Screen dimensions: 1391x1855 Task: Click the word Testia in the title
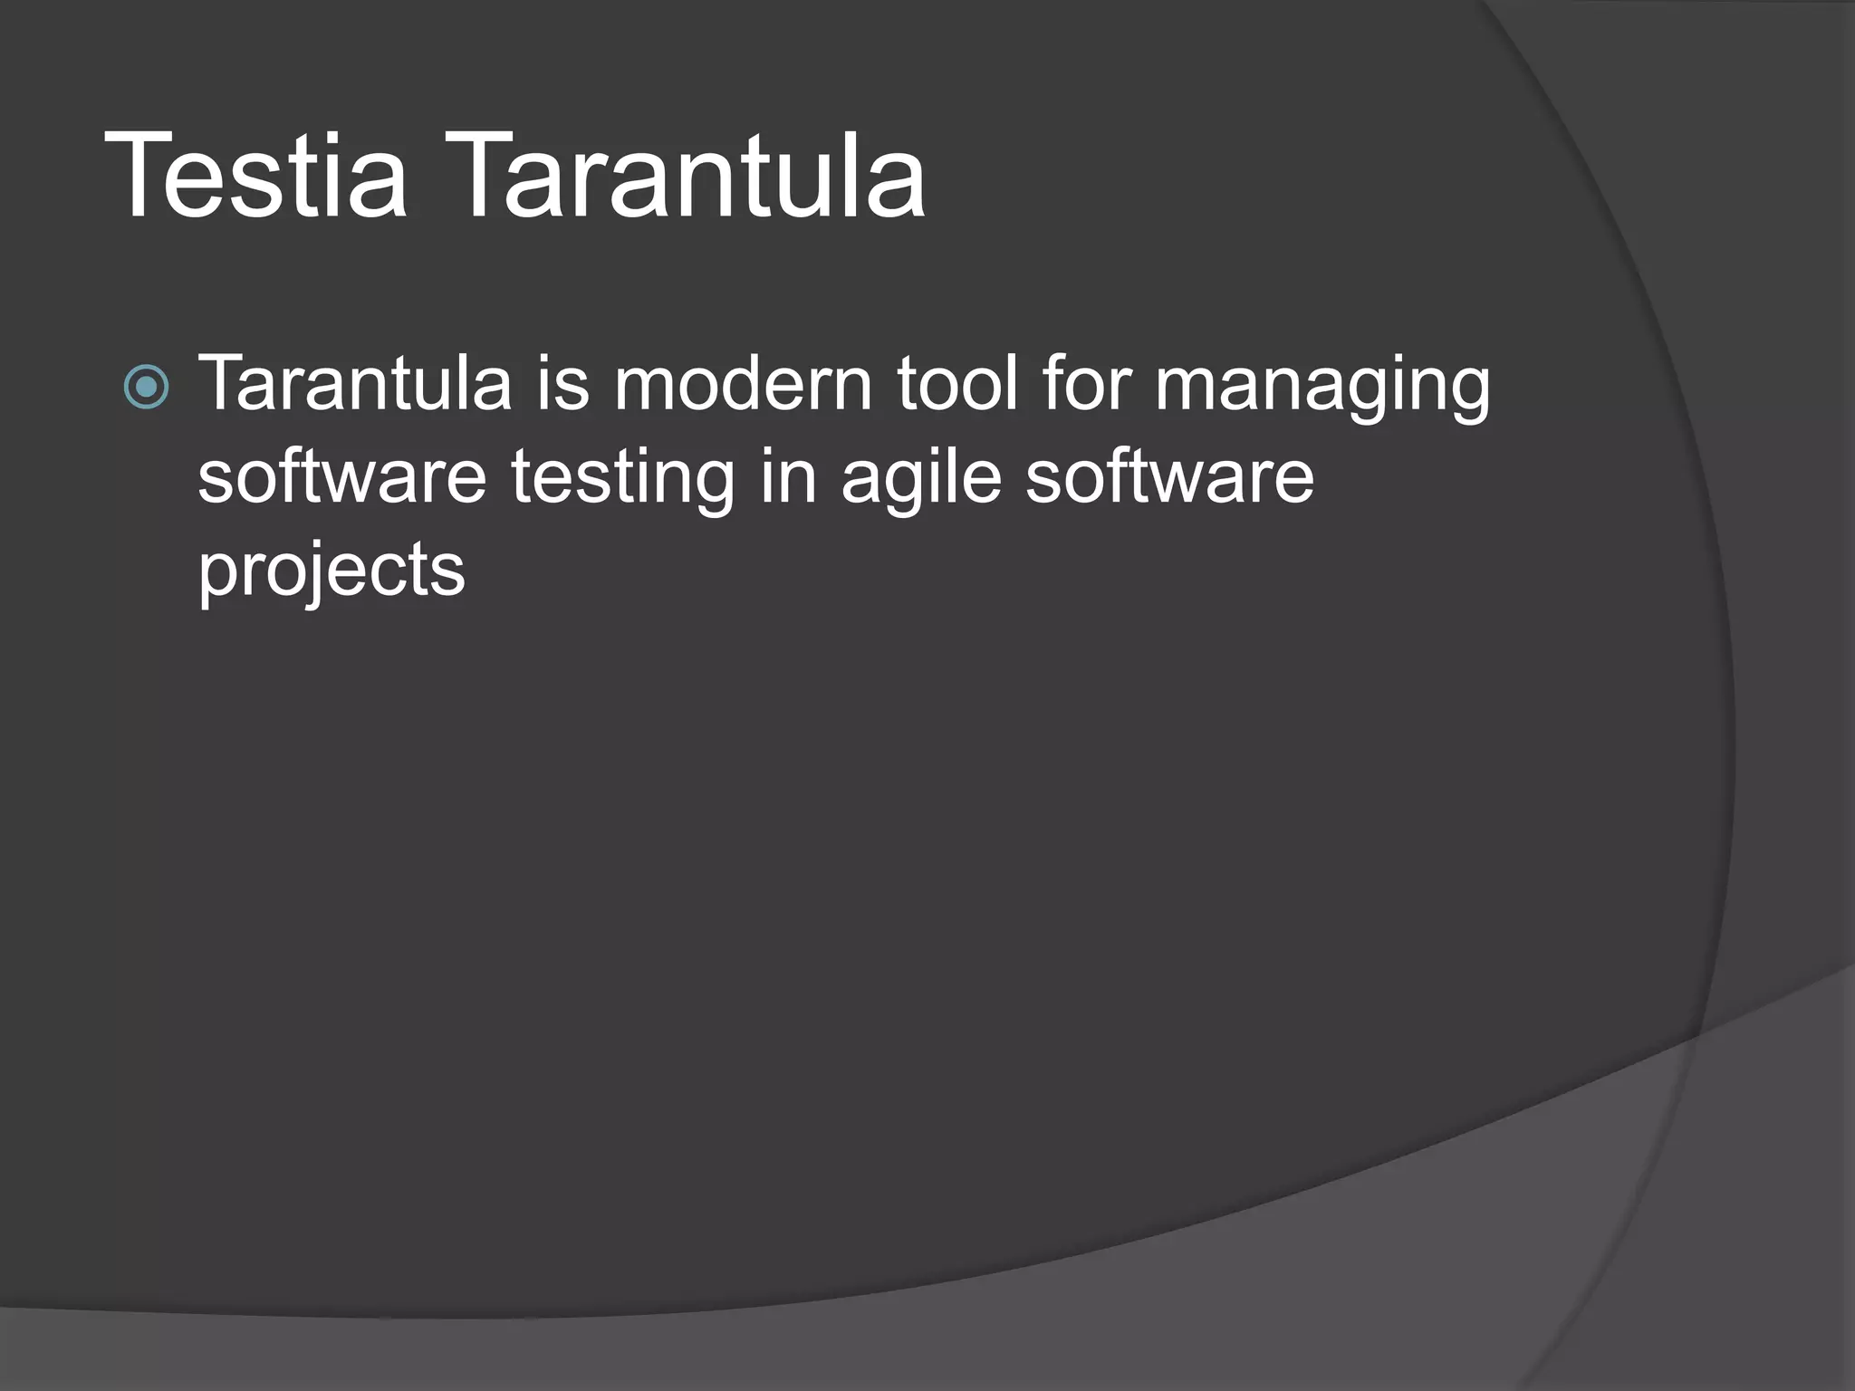tap(256, 177)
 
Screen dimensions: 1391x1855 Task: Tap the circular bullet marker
tap(146, 387)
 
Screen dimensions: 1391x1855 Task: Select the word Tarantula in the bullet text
tap(355, 384)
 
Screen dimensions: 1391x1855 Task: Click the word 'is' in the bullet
tap(563, 384)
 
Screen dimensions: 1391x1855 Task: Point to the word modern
tap(743, 384)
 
